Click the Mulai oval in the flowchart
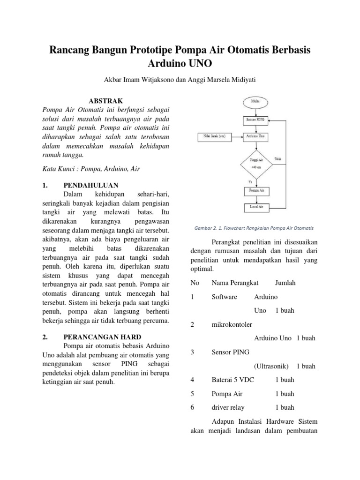coord(255,100)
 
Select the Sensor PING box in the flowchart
coord(255,120)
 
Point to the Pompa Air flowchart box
coord(255,191)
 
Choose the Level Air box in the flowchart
coord(255,206)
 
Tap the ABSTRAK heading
coord(106,101)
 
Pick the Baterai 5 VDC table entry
coord(232,380)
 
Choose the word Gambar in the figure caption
coord(203,228)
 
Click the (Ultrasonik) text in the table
coord(271,366)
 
